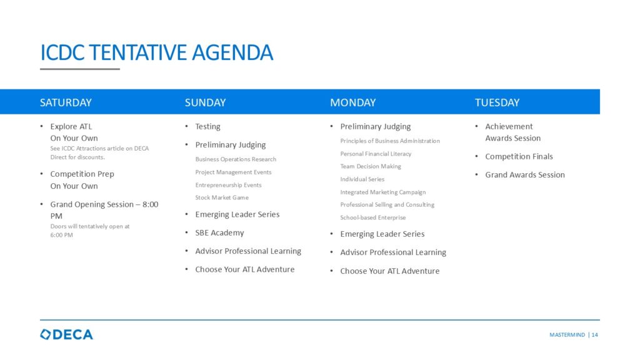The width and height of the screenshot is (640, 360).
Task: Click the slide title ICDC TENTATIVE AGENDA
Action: tap(156, 52)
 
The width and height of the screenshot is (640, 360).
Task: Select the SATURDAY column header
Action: tap(66, 102)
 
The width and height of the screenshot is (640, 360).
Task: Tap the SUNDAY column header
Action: tap(205, 102)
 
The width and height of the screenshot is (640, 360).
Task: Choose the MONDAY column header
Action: tap(352, 102)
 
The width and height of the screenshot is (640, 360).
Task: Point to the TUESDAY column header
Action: tap(497, 102)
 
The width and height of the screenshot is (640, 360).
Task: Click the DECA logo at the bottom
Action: tap(66, 335)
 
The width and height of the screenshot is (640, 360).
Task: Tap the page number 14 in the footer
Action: tap(595, 335)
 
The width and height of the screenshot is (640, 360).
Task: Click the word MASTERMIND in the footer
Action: tap(567, 335)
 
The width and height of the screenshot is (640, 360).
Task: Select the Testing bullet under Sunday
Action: tap(207, 126)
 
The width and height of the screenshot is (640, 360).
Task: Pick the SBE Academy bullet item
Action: tap(219, 232)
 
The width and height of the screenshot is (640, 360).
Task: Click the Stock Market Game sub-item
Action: tap(222, 197)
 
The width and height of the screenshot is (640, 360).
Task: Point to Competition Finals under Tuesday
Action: tap(519, 156)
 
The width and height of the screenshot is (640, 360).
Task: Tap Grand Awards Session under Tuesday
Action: tap(525, 175)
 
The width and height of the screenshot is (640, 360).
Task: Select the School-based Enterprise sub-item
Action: tap(373, 217)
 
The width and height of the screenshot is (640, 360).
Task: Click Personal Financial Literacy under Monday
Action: tap(376, 154)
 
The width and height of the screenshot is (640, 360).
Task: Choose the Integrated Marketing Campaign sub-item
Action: tap(383, 192)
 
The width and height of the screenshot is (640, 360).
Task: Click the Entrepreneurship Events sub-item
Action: tap(228, 185)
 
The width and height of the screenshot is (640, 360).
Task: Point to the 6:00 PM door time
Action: tap(62, 235)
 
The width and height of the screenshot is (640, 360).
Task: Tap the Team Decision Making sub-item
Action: tap(371, 166)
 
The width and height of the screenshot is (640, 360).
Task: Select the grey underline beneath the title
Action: tap(80, 69)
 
